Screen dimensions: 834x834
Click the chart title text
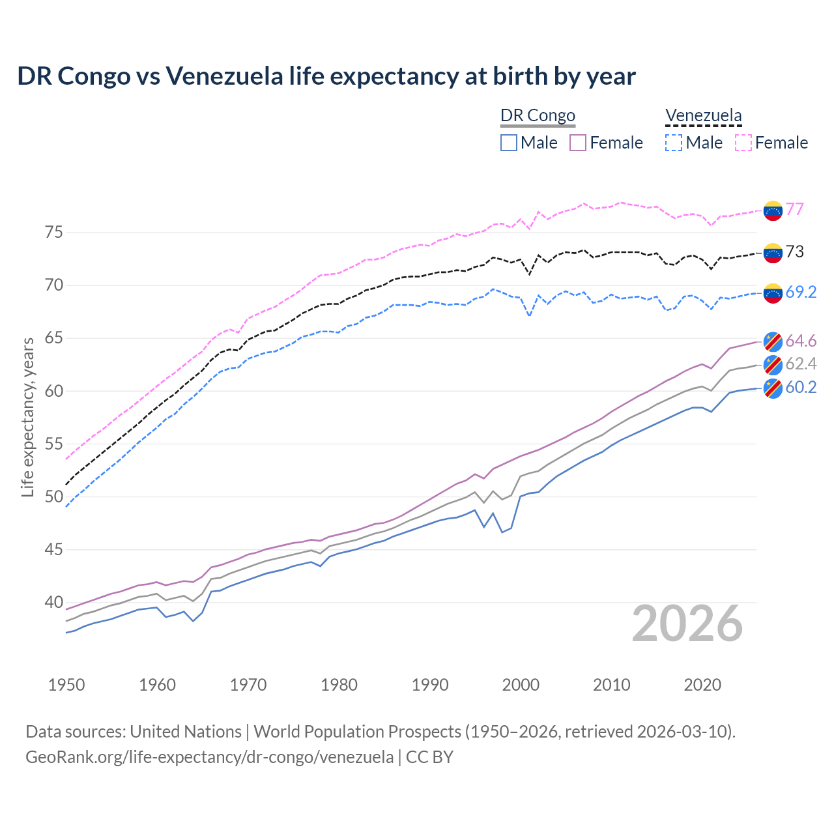[326, 76]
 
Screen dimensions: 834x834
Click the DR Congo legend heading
[538, 115]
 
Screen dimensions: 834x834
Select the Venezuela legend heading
[703, 115]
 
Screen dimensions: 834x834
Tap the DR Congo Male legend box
[509, 143]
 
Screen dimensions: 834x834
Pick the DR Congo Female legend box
[578, 143]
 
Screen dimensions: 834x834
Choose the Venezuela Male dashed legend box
[674, 143]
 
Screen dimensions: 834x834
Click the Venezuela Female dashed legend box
[743, 143]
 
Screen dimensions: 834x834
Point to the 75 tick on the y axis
[53, 233]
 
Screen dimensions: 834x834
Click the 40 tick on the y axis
[53, 602]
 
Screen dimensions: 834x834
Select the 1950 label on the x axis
[66, 685]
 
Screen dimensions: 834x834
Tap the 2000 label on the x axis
[521, 685]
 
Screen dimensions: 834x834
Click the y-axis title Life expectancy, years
[27, 417]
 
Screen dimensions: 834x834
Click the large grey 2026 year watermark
[687, 624]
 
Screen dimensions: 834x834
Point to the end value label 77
[794, 209]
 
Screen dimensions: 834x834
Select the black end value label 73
[794, 252]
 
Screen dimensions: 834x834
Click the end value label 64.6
[801, 341]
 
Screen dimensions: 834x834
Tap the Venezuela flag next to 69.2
[772, 293]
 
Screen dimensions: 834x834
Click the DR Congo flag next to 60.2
[772, 388]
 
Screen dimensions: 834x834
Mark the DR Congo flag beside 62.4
[772, 364]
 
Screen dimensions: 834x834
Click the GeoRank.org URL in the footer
[209, 757]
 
